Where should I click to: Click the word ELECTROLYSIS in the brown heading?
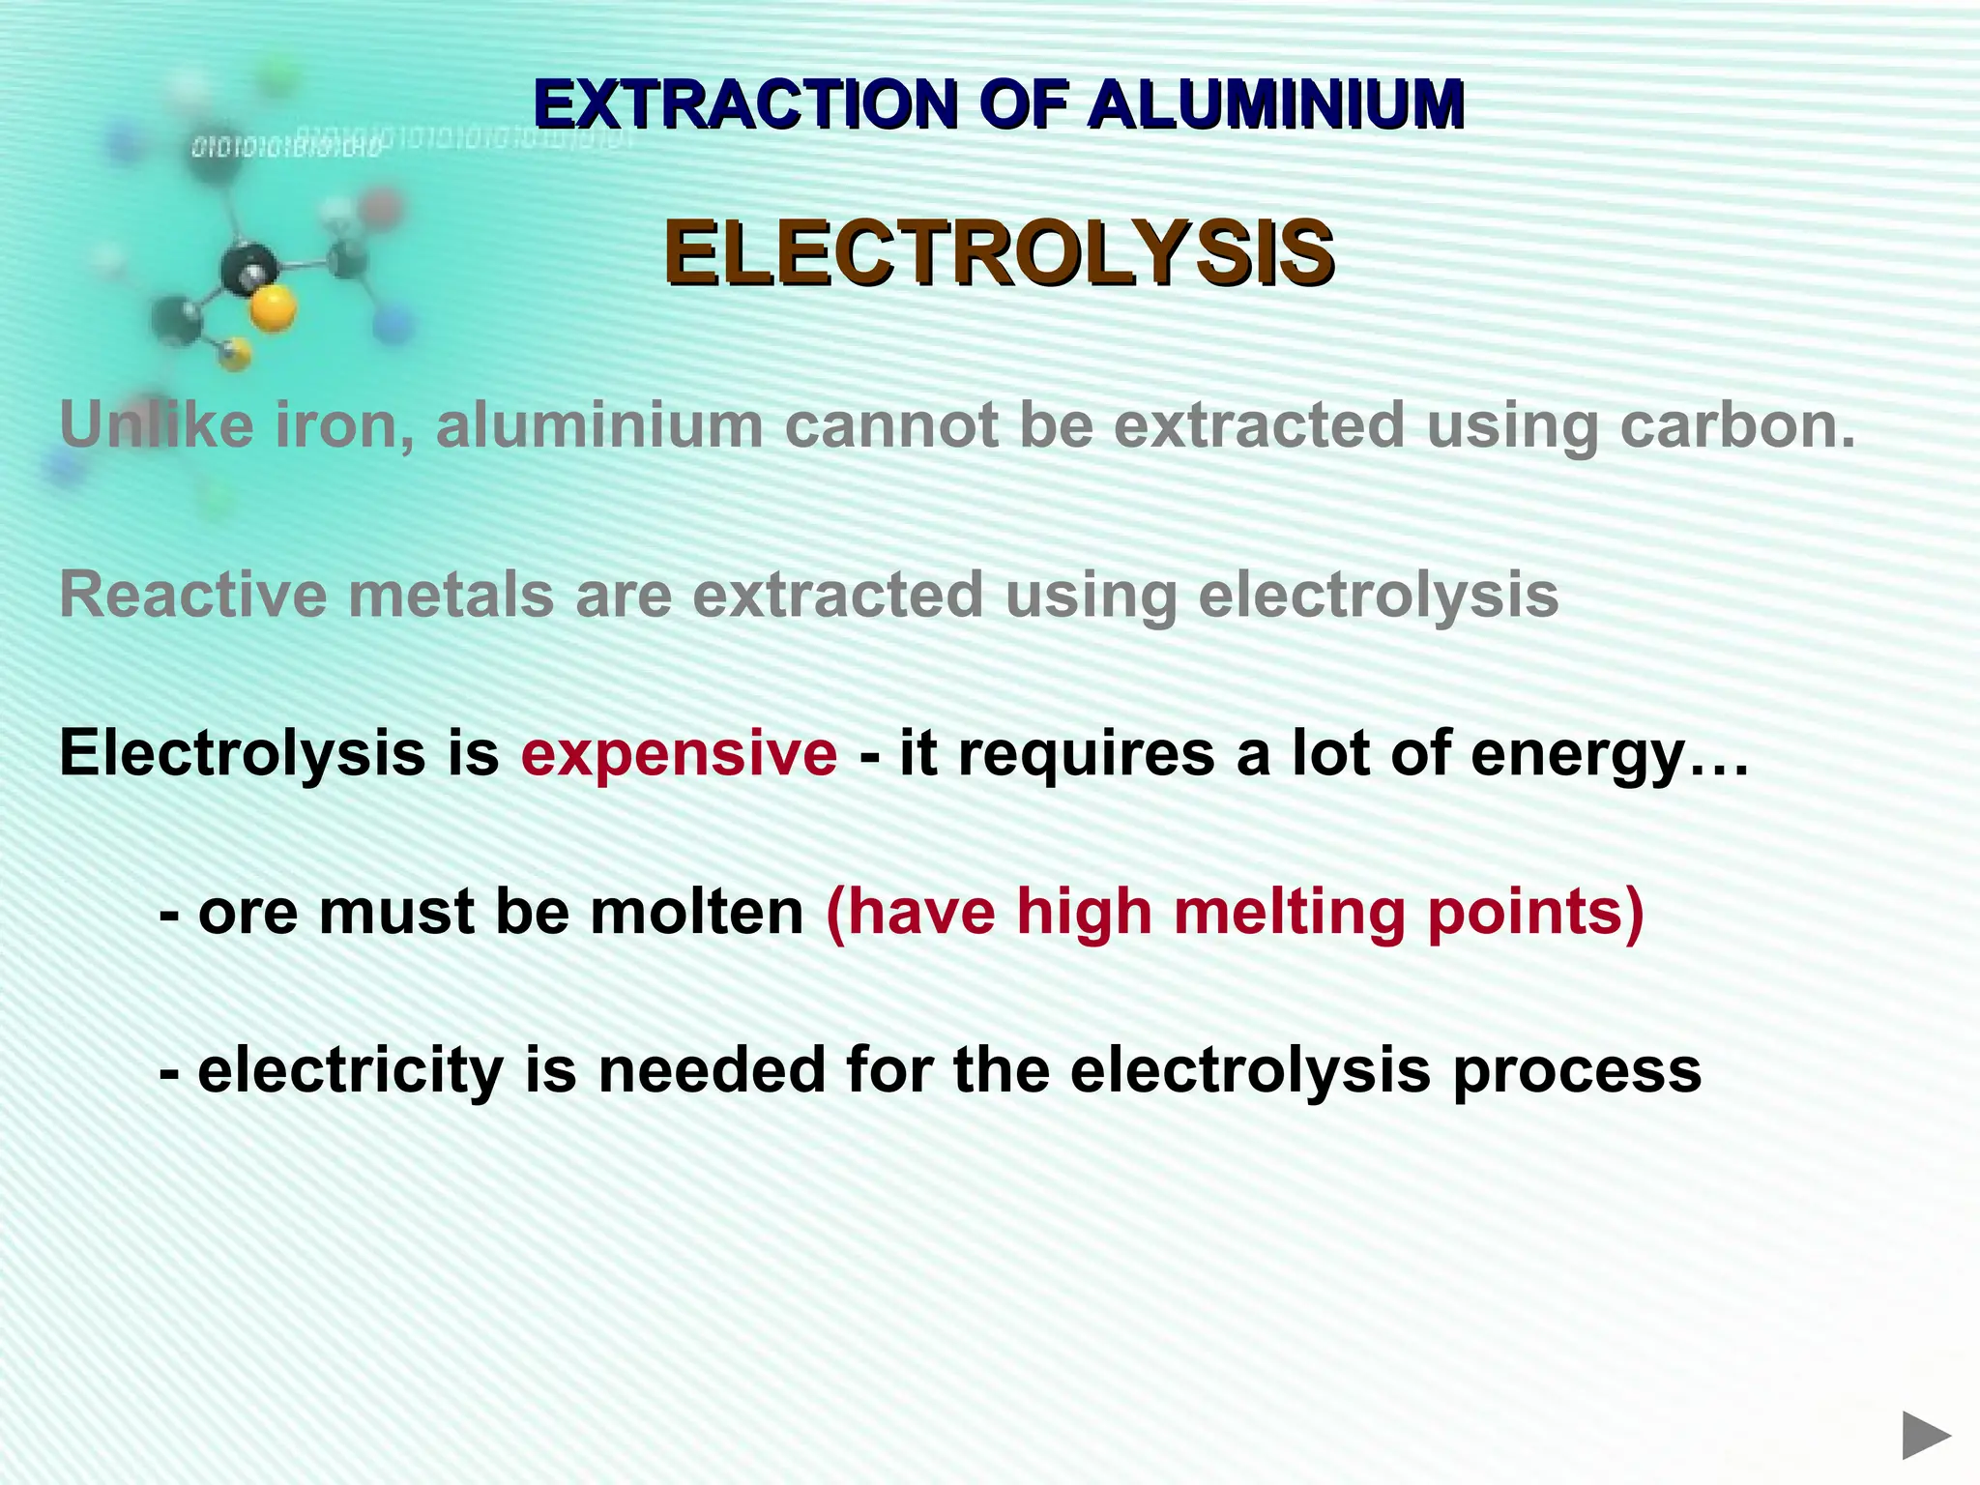[x=999, y=253]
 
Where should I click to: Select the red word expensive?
[x=679, y=753]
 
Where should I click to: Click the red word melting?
[x=1288, y=914]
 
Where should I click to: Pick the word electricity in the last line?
[x=350, y=1071]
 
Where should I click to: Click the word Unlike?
[x=158, y=425]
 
